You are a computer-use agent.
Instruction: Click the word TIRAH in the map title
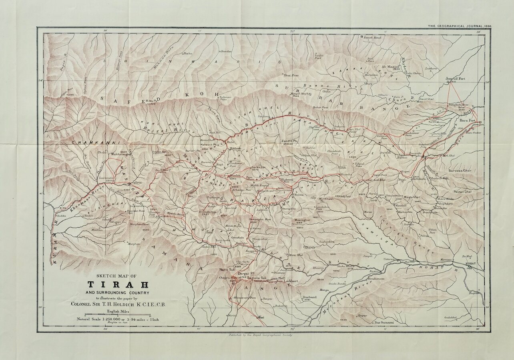(x=118, y=285)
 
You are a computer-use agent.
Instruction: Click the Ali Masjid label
(x=391, y=66)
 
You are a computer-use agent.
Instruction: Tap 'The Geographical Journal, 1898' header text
(x=460, y=26)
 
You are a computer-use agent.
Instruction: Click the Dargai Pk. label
(x=244, y=274)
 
